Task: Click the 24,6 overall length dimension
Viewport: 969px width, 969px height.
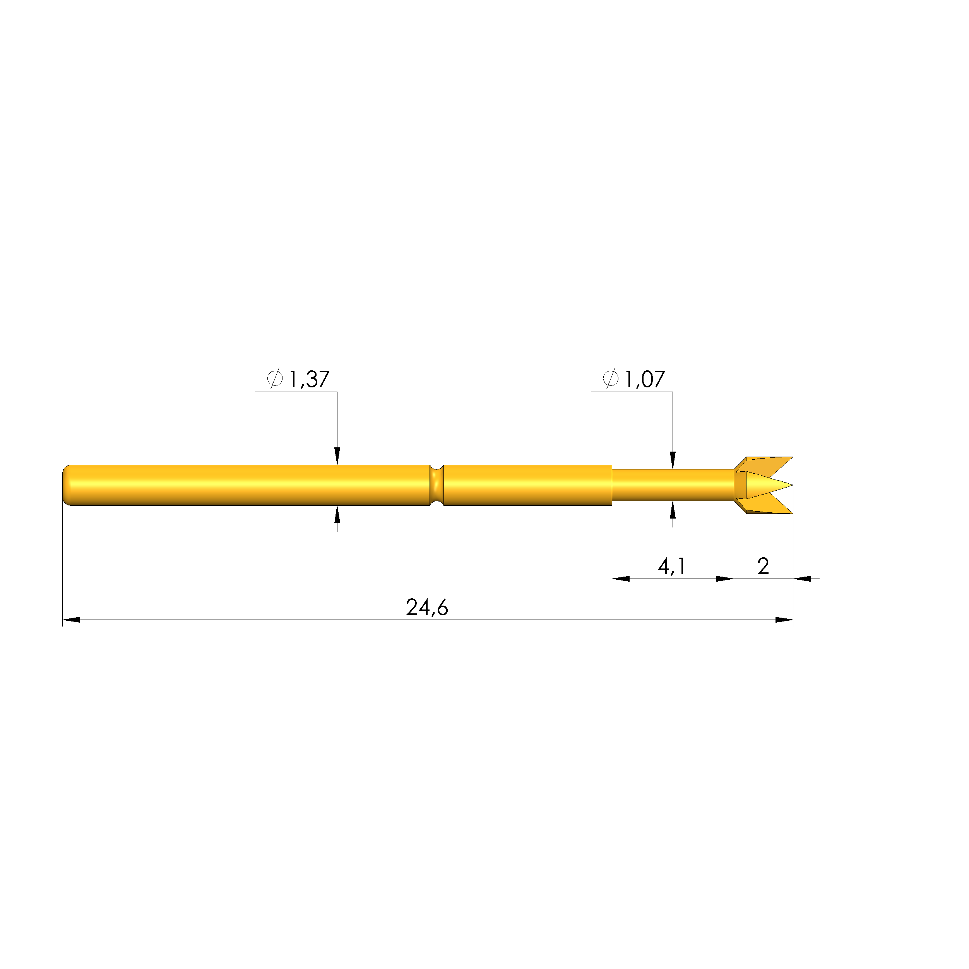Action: click(427, 608)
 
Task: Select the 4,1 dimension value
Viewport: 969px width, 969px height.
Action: click(671, 566)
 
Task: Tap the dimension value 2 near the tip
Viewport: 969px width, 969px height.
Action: click(763, 566)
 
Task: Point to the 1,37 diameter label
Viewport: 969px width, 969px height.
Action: click(309, 379)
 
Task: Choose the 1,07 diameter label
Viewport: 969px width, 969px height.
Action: click(644, 379)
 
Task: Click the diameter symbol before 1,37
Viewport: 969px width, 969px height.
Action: click(275, 378)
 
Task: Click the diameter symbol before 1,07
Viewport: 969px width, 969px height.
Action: click(610, 378)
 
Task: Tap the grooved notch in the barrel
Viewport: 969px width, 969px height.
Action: click(437, 485)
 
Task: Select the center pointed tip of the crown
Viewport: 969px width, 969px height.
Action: click(782, 485)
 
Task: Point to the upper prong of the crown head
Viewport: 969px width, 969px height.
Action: click(767, 464)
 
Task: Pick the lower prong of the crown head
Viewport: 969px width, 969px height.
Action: click(767, 507)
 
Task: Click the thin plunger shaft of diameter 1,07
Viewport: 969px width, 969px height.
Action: click(672, 485)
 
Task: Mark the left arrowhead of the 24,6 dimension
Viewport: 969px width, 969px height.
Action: click(71, 620)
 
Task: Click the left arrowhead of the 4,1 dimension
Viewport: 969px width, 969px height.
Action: click(620, 579)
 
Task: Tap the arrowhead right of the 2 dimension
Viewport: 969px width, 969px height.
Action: click(802, 579)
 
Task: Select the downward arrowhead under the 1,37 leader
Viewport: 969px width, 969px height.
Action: click(337, 456)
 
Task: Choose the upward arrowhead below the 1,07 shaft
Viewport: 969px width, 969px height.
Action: click(673, 510)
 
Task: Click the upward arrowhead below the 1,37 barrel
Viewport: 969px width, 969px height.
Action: click(337, 514)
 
